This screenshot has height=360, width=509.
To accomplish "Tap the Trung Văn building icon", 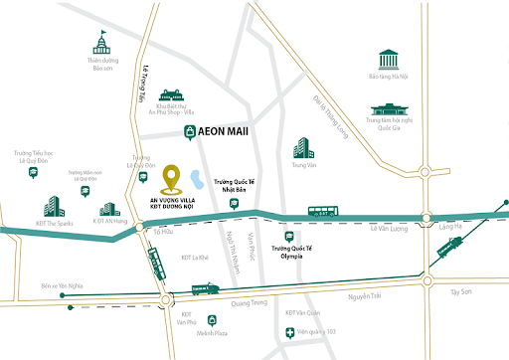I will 302,150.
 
